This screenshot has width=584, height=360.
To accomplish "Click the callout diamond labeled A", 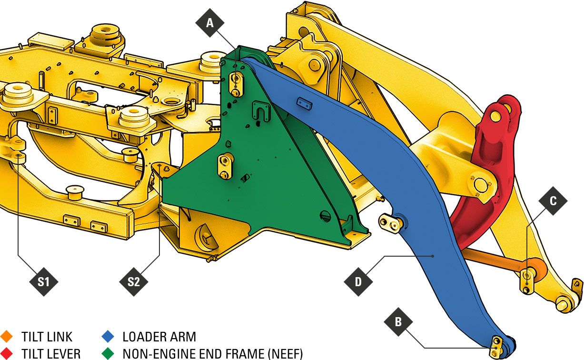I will tap(210, 22).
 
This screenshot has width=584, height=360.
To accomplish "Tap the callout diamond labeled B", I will tap(398, 322).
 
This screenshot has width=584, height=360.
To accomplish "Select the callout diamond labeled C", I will tap(553, 201).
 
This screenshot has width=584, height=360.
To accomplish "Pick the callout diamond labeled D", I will tap(358, 281).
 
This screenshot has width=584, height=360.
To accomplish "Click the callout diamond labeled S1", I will tap(43, 281).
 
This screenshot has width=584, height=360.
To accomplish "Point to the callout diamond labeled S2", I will tap(134, 281).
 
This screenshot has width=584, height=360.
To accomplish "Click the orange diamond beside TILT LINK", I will tap(6, 337).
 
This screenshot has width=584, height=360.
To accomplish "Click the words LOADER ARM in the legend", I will tap(159, 337).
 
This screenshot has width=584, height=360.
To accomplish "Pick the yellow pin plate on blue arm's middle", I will tap(390, 223).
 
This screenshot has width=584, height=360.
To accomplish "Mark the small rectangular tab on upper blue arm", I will tap(304, 103).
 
